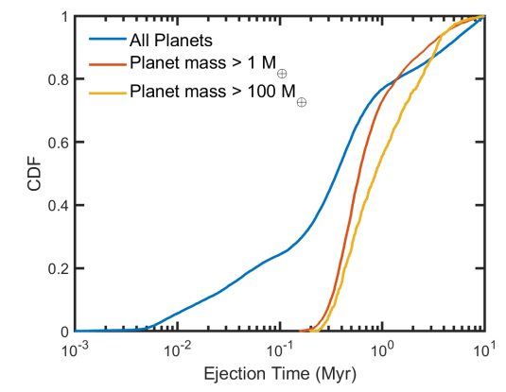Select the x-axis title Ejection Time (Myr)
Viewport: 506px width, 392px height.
280,375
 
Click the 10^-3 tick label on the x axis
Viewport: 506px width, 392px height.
76,349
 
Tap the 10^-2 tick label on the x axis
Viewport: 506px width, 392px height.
178,349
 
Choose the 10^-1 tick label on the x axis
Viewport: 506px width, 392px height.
280,349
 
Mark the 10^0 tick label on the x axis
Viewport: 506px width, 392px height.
383,349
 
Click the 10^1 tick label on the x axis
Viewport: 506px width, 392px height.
485,349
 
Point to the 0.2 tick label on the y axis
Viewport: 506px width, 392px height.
59,269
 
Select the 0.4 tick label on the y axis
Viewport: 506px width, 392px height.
59,206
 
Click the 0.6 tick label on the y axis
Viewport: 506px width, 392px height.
59,143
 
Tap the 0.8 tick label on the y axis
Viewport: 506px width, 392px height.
59,80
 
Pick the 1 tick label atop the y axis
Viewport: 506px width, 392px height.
64,17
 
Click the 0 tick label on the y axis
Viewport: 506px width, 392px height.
64,332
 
